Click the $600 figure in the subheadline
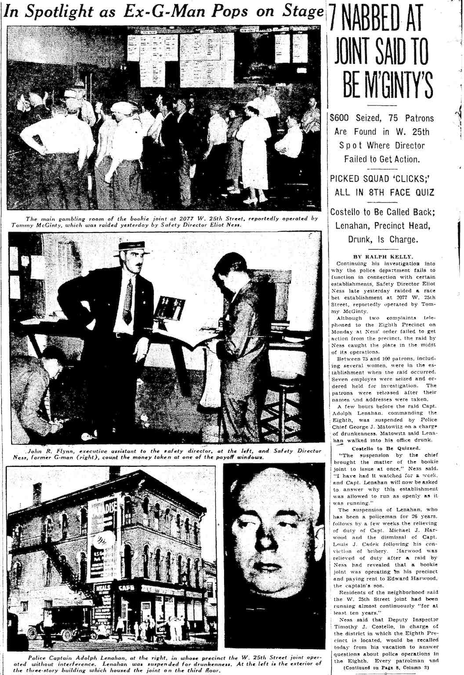coord(343,118)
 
